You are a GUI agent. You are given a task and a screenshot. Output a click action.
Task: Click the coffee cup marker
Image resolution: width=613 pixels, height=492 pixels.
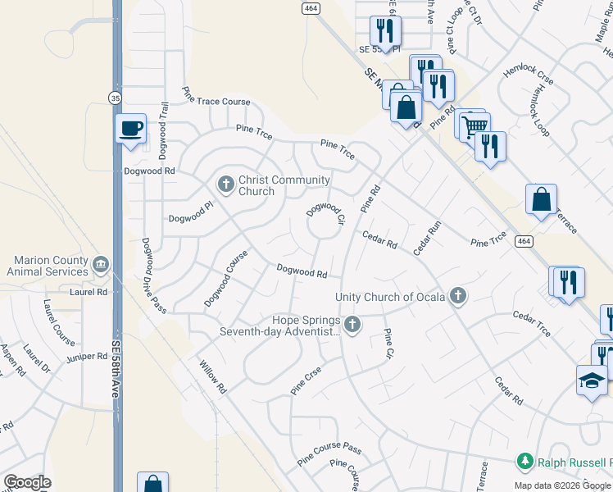[131, 129]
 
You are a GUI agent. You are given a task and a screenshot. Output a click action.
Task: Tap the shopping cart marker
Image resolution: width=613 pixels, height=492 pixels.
[473, 126]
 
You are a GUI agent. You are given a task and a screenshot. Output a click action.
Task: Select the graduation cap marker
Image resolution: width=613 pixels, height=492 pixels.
[592, 381]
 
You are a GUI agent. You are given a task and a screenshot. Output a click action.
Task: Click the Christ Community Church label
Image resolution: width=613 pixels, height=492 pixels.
[284, 186]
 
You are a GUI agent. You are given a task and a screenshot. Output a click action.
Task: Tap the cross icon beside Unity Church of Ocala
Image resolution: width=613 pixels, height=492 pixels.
[457, 296]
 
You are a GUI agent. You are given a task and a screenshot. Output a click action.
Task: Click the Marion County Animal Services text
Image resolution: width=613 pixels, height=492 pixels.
[47, 266]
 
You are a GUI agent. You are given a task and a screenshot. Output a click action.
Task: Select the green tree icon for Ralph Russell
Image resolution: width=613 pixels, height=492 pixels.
[524, 462]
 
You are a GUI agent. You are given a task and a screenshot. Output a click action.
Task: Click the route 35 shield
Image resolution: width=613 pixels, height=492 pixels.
[116, 98]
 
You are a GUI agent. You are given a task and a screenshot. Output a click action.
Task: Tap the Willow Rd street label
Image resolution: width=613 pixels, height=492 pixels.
[211, 376]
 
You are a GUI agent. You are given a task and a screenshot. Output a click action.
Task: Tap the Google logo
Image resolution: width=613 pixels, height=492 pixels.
[28, 482]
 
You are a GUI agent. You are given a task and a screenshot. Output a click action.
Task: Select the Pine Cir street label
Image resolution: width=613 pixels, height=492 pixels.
[388, 344]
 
